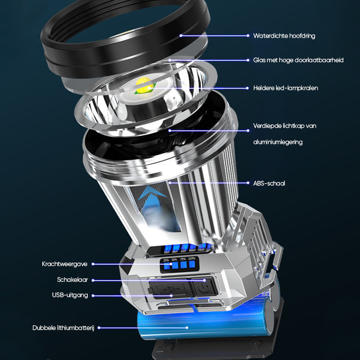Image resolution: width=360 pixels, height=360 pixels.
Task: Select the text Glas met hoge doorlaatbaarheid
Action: click(x=298, y=60)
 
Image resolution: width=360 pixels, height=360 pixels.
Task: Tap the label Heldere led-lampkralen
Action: click(x=285, y=88)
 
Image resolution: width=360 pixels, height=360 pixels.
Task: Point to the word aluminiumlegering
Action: click(x=277, y=142)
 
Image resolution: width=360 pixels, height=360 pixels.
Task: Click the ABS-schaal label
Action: click(x=269, y=183)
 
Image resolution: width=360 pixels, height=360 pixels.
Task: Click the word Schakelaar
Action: click(x=72, y=279)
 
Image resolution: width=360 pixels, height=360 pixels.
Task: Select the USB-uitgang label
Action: click(x=70, y=295)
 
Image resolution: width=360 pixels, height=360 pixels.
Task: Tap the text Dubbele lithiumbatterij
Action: click(x=63, y=328)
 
